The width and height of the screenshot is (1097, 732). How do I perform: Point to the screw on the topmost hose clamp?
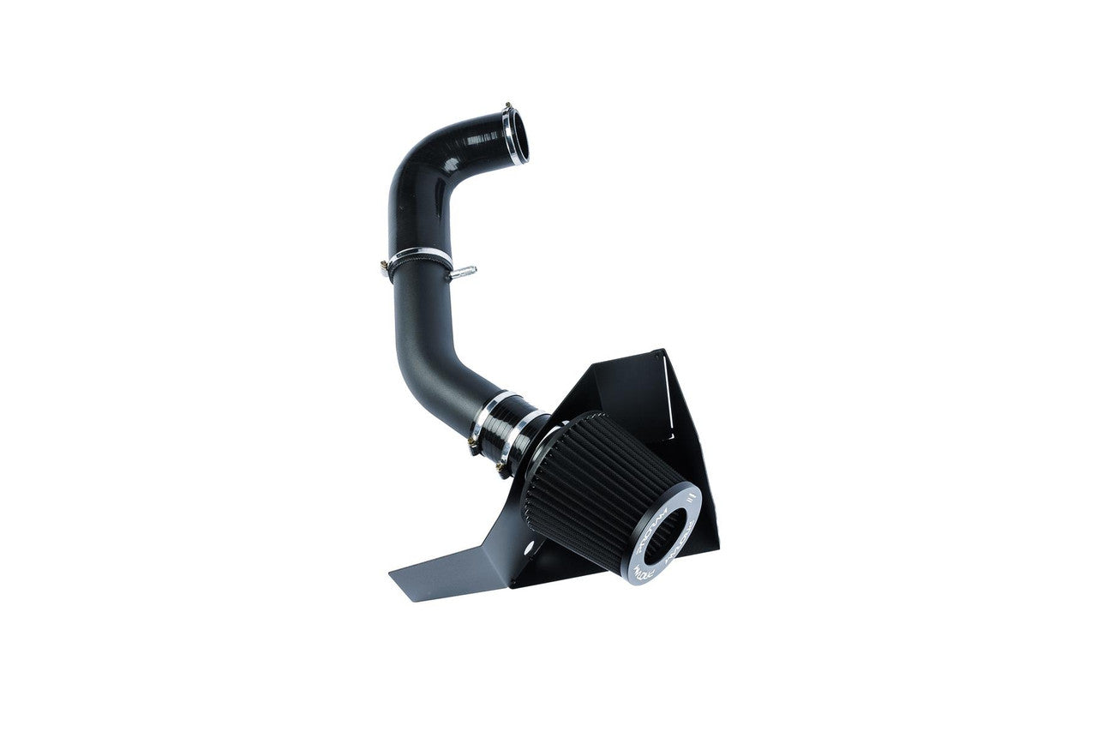tap(509, 105)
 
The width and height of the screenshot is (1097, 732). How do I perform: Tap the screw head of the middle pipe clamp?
tap(383, 267)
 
